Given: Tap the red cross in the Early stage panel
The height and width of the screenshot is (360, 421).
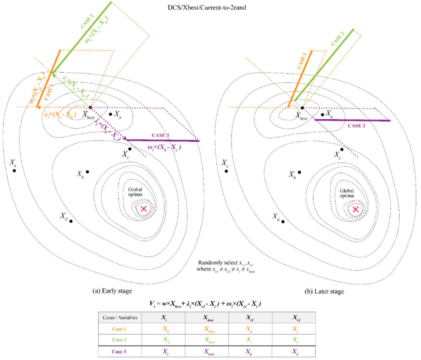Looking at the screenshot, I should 144,209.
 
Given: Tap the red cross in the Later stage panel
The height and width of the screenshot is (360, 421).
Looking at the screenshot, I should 356,209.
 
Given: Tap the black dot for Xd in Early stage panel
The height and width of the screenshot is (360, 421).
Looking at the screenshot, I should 71,222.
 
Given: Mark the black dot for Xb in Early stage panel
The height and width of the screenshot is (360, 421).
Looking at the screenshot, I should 87,171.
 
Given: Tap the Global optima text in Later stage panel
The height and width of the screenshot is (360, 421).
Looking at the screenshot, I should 348,193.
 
